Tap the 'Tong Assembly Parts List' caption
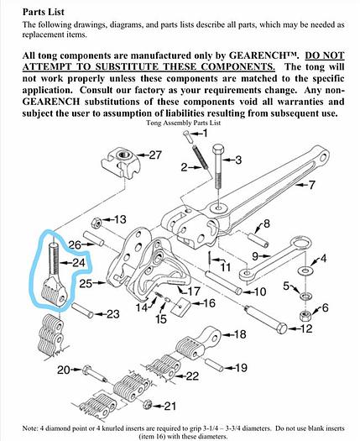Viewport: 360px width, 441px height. click(x=178, y=121)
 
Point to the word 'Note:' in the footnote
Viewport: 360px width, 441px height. click(x=19, y=427)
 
